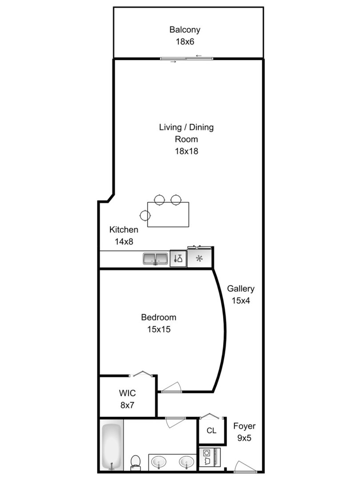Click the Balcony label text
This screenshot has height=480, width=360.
[185, 30]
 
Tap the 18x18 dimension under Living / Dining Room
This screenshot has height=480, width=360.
[186, 151]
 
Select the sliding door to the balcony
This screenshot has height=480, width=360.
[187, 58]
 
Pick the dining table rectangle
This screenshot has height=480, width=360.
[168, 215]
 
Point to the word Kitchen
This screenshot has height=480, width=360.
[124, 230]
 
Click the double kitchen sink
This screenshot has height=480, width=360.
[156, 258]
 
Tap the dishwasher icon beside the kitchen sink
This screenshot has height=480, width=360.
[178, 258]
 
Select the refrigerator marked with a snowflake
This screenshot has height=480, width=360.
[200, 258]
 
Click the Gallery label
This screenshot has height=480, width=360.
[241, 289]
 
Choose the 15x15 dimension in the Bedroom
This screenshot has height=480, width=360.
[159, 329]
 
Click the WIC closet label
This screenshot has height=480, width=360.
[127, 393]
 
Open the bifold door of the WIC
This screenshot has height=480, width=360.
[142, 374]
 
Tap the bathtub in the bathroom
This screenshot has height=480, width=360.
[111, 446]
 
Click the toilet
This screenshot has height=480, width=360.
[136, 462]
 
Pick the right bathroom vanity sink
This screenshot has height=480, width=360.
[186, 463]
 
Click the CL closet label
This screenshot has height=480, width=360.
[212, 431]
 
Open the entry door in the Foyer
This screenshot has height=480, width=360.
[245, 467]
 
